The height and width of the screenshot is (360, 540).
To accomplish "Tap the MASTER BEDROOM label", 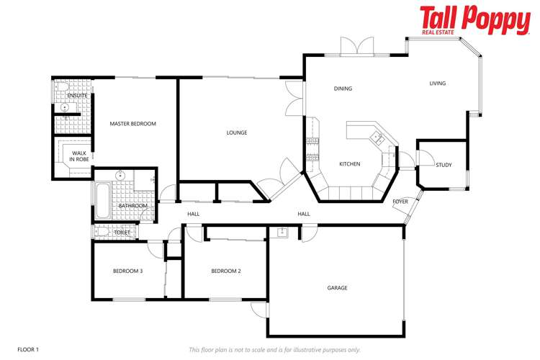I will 132,124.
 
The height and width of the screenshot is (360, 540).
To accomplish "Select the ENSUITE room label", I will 77,95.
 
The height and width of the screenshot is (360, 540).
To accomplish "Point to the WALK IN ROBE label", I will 79,156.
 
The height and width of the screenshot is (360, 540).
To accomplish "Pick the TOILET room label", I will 122,233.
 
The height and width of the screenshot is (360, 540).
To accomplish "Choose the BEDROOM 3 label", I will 127,271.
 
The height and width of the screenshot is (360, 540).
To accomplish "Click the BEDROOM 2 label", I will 225,271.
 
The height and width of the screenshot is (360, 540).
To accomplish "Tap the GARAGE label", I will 337,288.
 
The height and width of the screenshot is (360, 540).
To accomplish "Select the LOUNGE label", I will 237,132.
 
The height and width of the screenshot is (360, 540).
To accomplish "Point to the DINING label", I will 343,89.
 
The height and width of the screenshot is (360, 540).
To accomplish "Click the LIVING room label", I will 437,84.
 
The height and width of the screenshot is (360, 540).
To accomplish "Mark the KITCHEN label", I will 350,164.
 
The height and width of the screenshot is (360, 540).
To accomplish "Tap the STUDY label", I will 444,166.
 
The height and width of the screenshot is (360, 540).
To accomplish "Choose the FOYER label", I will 400,202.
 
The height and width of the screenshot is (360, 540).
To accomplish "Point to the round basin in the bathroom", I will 120,176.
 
